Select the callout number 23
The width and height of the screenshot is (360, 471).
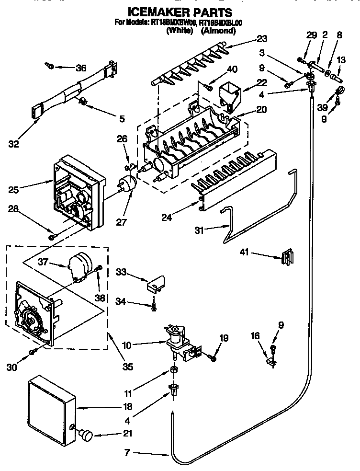pyautogui.click(x=261, y=39)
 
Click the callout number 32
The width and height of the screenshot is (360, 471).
pyautogui.click(x=14, y=144)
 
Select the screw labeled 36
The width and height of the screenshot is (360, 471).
pyautogui.click(x=49, y=65)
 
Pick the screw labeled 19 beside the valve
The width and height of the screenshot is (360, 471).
pyautogui.click(x=214, y=357)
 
